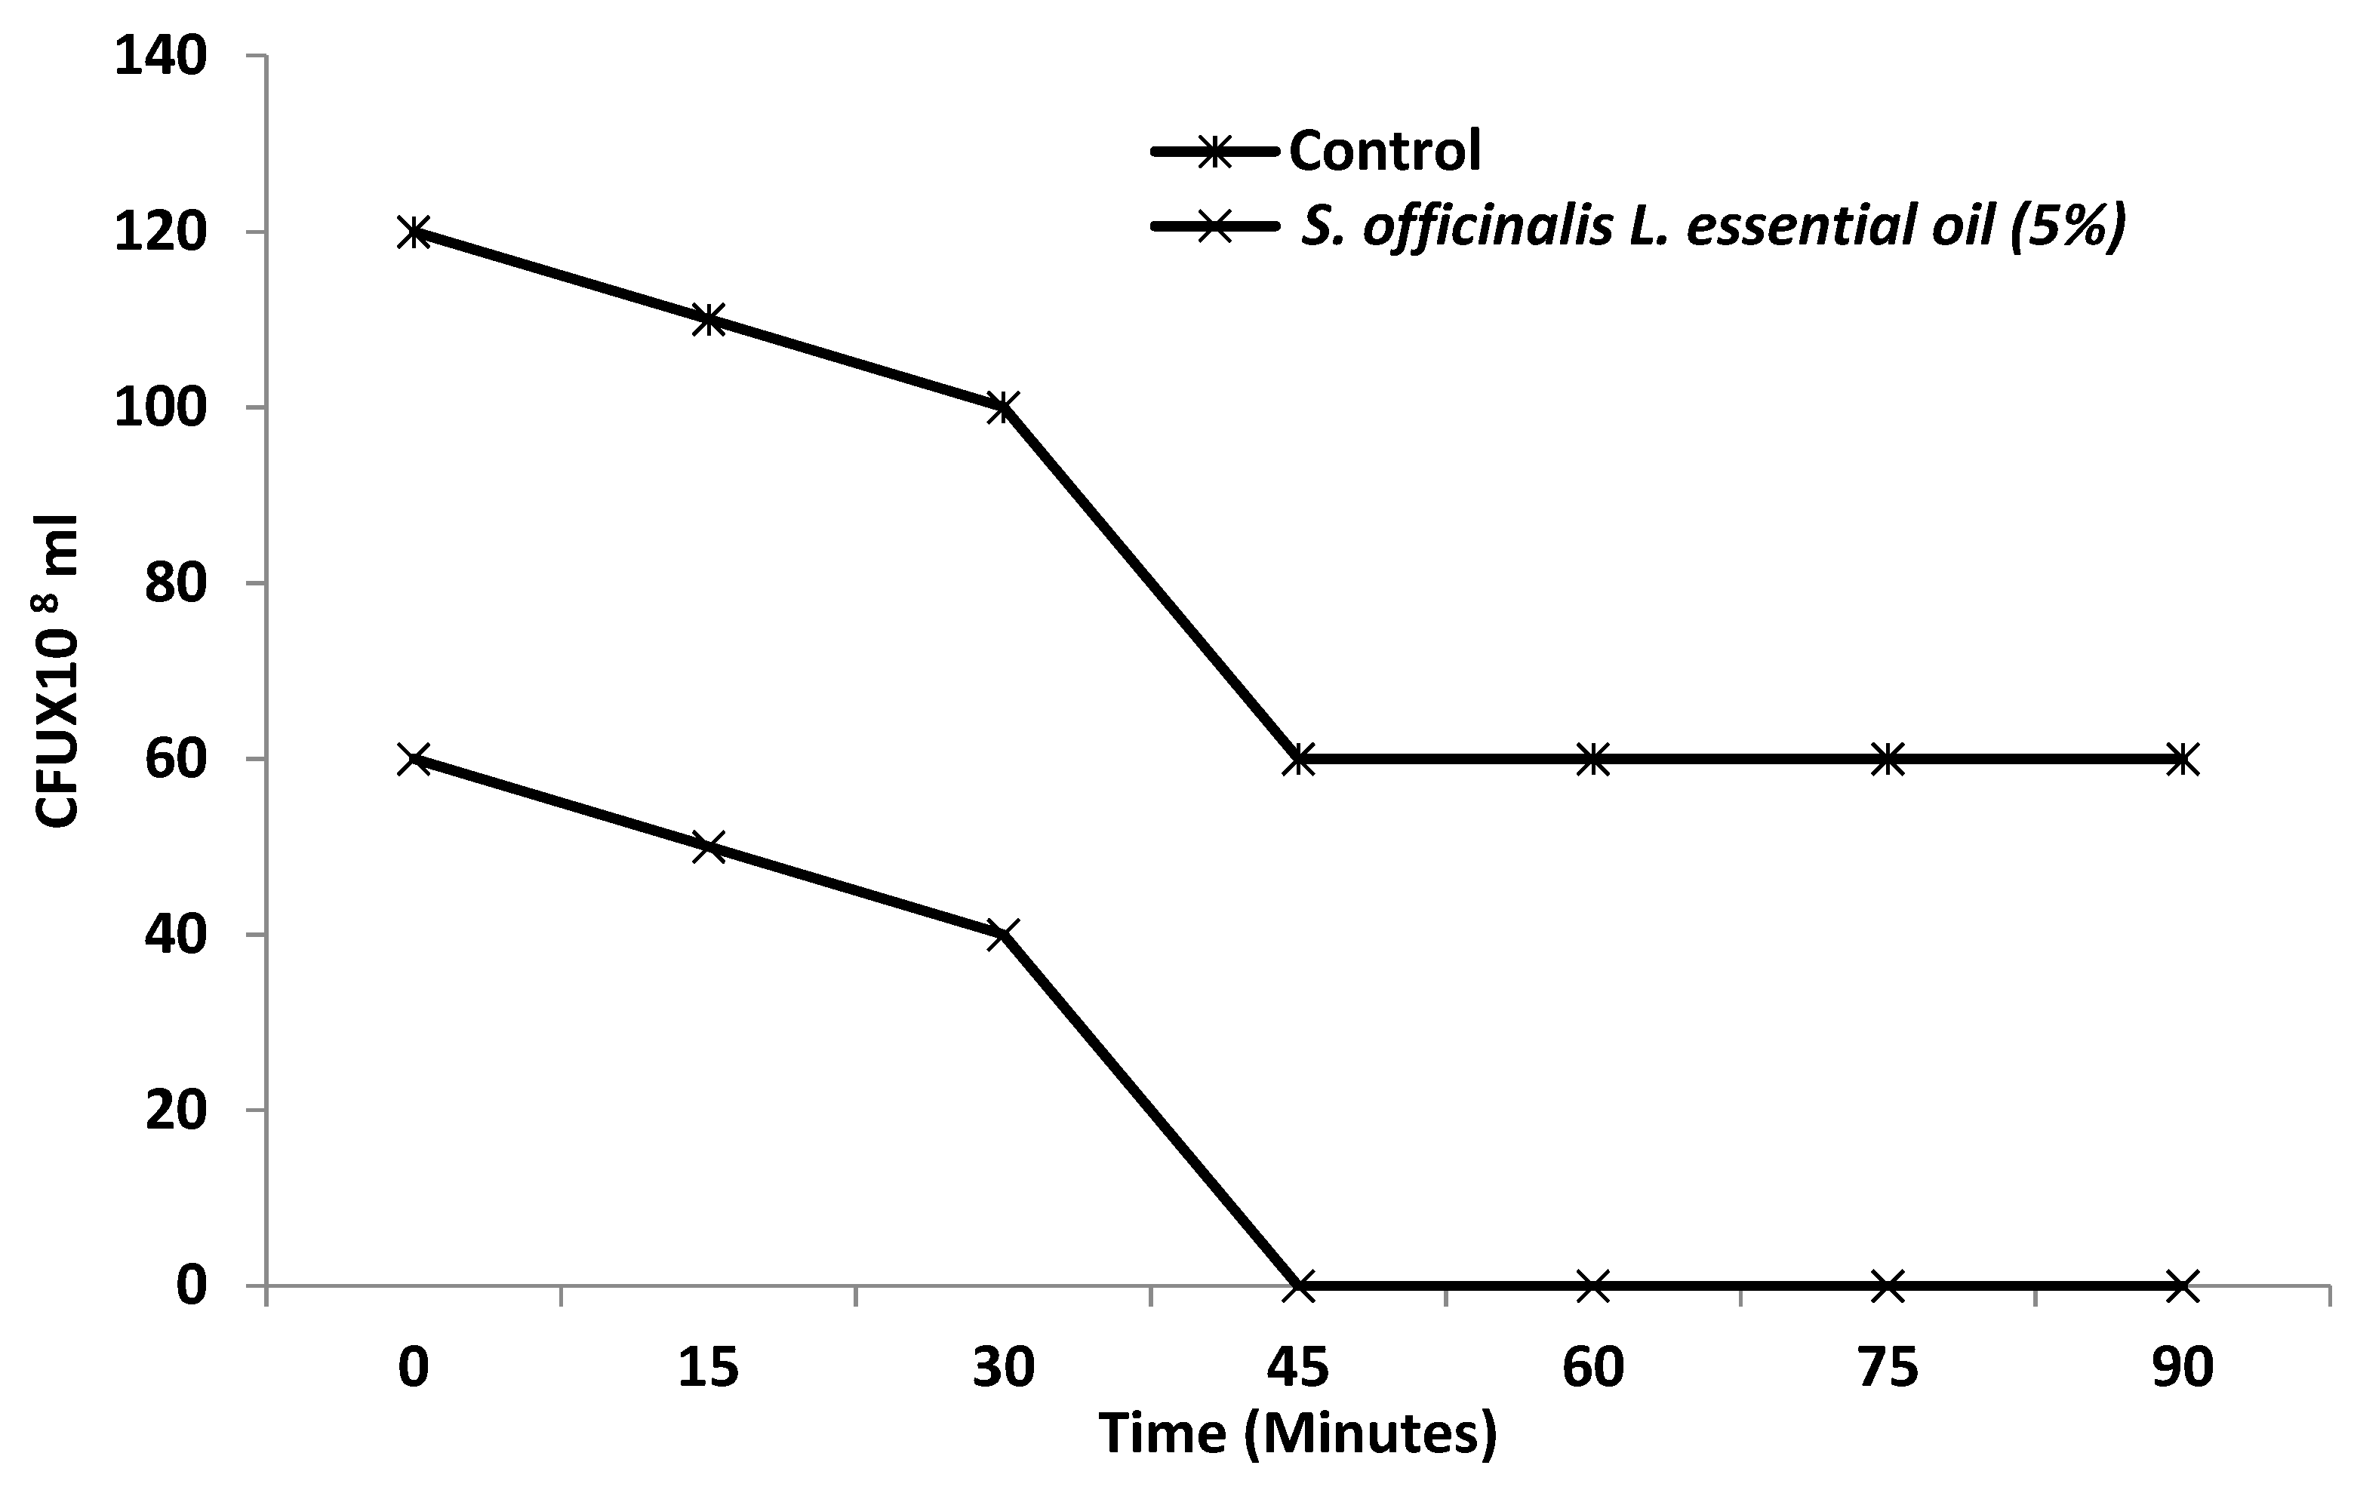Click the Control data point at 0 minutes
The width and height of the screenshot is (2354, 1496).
[x=414, y=232]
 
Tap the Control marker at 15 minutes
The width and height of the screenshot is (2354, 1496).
[x=709, y=320]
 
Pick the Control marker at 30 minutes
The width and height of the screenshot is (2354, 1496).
[x=1003, y=407]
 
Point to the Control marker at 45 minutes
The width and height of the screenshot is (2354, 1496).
[x=1298, y=758]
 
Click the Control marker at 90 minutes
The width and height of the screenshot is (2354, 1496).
[x=2182, y=758]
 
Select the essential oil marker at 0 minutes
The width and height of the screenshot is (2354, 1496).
[x=414, y=758]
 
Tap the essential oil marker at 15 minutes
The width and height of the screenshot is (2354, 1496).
[x=709, y=846]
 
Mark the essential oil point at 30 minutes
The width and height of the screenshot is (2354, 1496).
[x=1003, y=934]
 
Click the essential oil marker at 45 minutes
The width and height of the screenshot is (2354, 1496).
[x=1298, y=1286]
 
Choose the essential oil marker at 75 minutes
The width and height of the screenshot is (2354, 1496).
[x=1888, y=1286]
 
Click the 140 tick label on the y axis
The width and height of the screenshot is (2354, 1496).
[x=162, y=57]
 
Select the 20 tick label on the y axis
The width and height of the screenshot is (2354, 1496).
[x=176, y=1111]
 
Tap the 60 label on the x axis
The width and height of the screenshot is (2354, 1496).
[x=1592, y=1367]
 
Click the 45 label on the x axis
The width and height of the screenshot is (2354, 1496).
[x=1298, y=1367]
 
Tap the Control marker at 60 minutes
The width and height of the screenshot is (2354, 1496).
[x=1592, y=758]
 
